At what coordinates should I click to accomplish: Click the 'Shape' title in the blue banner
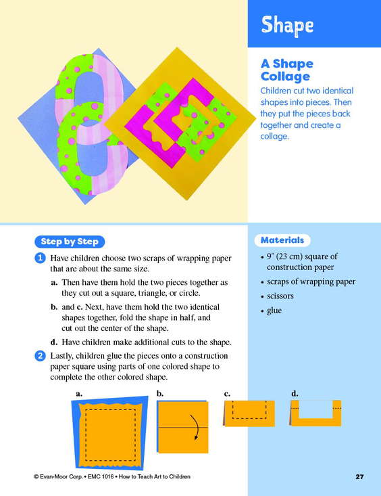287,25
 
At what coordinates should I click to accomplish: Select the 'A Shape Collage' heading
287,70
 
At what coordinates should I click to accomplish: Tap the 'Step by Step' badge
70,242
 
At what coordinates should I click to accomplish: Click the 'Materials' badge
282,240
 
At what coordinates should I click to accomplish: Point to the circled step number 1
40,258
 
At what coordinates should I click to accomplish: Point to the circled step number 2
40,356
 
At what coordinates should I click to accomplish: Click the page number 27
359,476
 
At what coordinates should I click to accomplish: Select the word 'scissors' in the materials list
280,296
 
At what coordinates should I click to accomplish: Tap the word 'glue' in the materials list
274,311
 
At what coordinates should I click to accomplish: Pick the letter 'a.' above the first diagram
79,394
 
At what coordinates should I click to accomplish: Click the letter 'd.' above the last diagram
295,394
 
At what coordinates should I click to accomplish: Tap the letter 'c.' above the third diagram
227,394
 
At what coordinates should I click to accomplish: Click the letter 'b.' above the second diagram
160,394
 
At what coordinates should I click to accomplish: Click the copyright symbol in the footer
36,476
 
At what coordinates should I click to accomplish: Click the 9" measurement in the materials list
270,256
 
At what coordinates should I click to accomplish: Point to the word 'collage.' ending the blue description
274,137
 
